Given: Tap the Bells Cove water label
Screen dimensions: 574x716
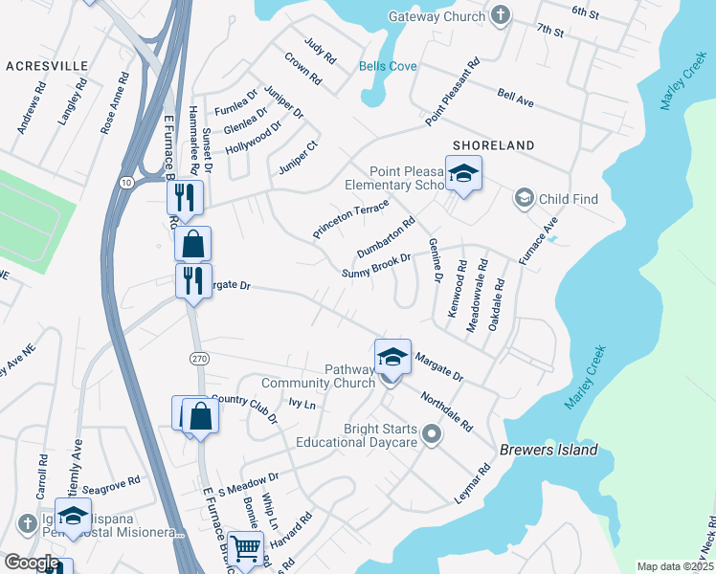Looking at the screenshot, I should [x=388, y=66].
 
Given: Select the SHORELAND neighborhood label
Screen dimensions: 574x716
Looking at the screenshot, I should [x=493, y=144].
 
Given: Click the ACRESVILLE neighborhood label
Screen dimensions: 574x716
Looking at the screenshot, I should [x=47, y=66].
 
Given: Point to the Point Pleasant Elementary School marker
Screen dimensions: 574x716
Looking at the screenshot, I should [x=463, y=173].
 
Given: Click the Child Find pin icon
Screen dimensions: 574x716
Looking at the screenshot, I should [x=524, y=198].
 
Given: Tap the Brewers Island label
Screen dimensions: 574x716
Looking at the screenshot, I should [x=548, y=450].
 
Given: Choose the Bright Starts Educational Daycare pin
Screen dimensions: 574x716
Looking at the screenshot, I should [x=432, y=435].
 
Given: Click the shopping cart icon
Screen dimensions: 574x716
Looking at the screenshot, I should [x=246, y=548].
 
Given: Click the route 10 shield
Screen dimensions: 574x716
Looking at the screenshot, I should [x=126, y=182].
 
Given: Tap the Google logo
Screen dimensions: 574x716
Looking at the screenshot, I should [x=32, y=563].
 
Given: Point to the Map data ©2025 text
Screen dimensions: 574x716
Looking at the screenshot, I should [x=674, y=566].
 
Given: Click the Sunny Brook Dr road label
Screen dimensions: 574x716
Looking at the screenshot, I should [x=376, y=266].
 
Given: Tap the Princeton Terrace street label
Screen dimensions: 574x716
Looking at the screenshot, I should [x=350, y=220].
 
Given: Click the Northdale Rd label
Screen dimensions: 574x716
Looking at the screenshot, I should [x=446, y=405].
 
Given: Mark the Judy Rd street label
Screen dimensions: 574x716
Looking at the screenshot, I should [x=321, y=51].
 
